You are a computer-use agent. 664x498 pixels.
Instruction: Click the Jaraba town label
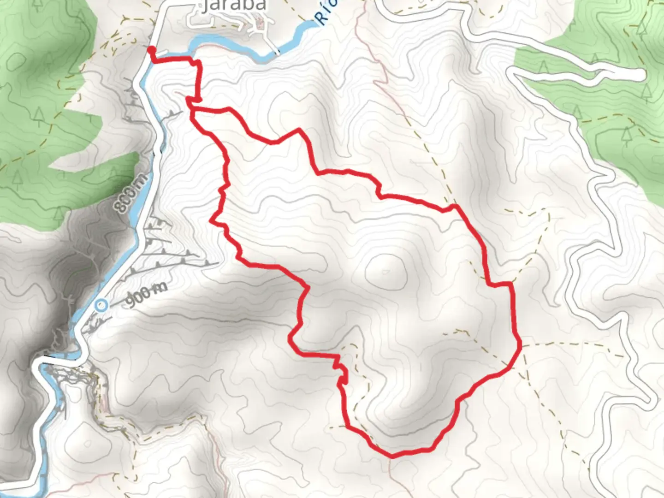pos(234,6)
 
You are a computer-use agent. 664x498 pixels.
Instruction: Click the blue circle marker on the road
pos(101,305)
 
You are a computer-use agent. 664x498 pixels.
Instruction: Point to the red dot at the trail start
pos(151,49)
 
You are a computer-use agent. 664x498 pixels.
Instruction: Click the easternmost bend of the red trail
pos(520,345)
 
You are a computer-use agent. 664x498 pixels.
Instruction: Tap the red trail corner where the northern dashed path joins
pos(455,206)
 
